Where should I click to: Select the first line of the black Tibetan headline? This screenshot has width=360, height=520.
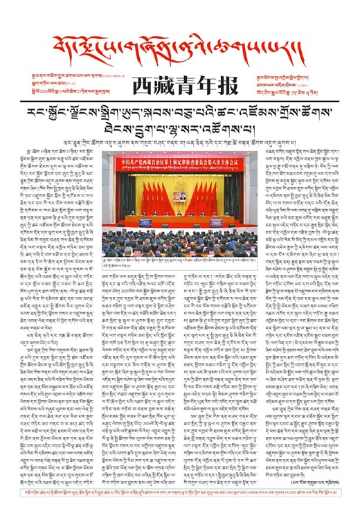coord(179,114)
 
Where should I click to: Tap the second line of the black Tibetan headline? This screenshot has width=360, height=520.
coord(179,129)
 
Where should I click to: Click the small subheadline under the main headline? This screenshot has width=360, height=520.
coord(179,144)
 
